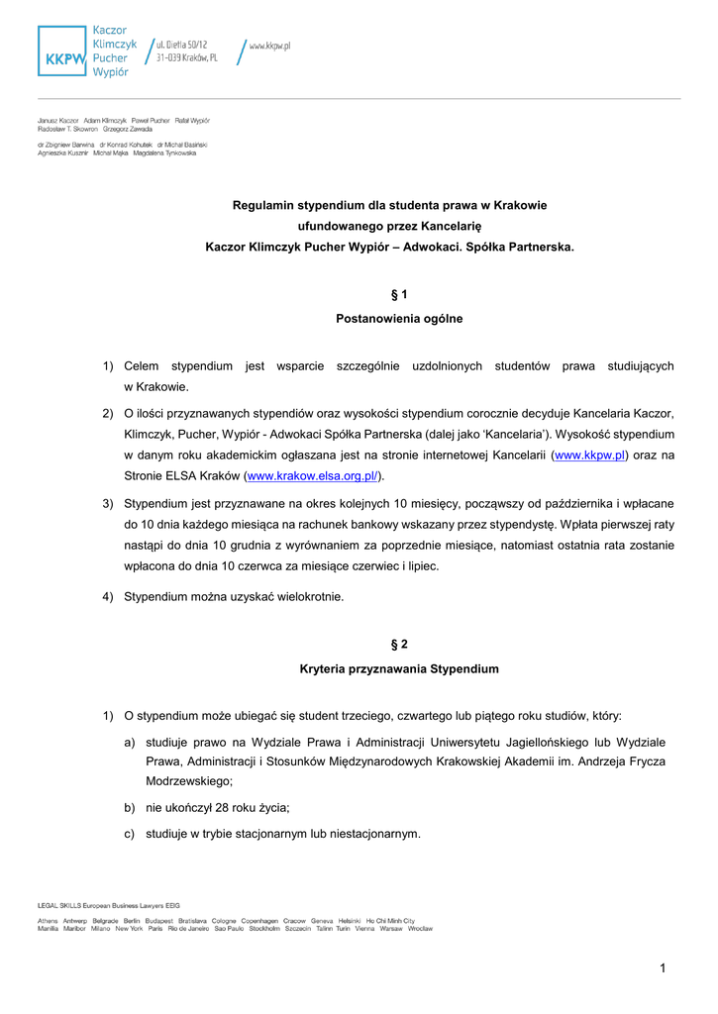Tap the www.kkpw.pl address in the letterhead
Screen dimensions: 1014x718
pyautogui.click(x=269, y=46)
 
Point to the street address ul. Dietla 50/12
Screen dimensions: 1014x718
pyautogui.click(x=182, y=46)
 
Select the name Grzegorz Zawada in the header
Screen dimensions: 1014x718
pyautogui.click(x=128, y=130)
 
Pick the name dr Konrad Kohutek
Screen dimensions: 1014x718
pyautogui.click(x=126, y=145)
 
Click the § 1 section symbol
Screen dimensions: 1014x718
pyautogui.click(x=399, y=295)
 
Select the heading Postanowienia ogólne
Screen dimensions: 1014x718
pyautogui.click(x=399, y=319)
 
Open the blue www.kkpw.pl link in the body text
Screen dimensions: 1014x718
pyautogui.click(x=589, y=455)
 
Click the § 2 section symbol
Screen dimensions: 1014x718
pyautogui.click(x=399, y=645)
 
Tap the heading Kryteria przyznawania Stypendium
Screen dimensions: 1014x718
pyautogui.click(x=399, y=669)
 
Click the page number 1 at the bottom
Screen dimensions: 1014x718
pyautogui.click(x=663, y=967)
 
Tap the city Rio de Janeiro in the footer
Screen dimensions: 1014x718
pyautogui.click(x=188, y=929)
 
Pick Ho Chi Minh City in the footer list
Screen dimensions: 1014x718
pyautogui.click(x=389, y=920)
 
